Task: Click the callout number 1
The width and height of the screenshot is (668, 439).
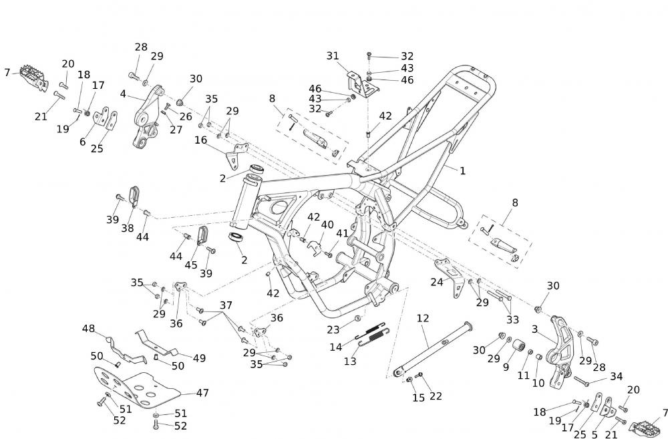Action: click(462, 171)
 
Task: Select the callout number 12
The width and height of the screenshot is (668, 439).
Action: click(422, 318)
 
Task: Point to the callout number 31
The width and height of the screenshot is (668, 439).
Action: click(333, 56)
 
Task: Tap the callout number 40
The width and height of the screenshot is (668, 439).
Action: click(327, 225)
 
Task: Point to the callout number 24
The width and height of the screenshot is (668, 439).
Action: click(437, 282)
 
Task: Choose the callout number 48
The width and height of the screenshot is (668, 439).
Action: click(89, 328)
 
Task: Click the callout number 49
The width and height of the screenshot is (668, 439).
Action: click(199, 357)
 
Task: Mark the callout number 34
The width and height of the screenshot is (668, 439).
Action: click(616, 377)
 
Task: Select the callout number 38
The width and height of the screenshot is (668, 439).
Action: click(128, 228)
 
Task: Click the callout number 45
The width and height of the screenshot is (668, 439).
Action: click(191, 265)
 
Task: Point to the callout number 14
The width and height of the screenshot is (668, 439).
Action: click(335, 347)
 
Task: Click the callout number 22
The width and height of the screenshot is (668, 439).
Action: click(436, 396)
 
